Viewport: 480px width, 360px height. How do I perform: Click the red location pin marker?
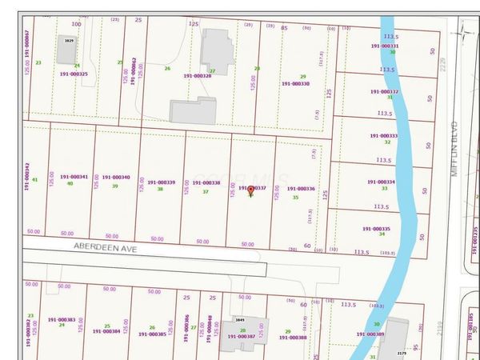pos(251,190)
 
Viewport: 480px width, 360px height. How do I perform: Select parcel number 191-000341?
pos(73,177)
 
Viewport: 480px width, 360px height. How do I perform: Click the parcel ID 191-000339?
pos(161,182)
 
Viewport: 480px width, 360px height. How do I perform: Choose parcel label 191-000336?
pos(300,190)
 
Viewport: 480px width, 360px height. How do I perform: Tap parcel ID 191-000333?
pos(384,136)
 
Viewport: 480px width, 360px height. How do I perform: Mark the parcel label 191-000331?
pos(384,46)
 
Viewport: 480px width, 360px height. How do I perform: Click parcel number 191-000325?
pos(73,74)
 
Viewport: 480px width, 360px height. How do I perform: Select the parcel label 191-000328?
pos(197,76)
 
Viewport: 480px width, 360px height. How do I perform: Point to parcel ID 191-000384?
pos(106,331)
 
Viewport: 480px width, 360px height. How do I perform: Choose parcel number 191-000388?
pos(291,337)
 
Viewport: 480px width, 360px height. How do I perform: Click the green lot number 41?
pos(34,180)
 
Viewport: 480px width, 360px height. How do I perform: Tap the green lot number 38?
pos(160,189)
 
